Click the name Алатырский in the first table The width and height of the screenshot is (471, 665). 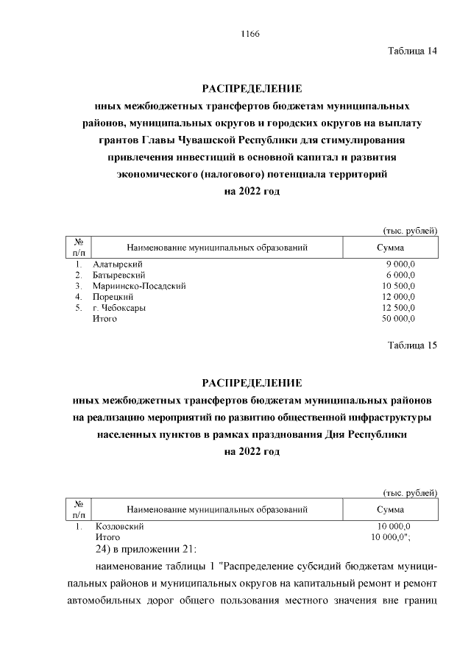click(118, 264)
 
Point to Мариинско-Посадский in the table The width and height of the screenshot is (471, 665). click(138, 286)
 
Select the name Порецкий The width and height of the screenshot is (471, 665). click(113, 297)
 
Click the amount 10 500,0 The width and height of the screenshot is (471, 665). click(398, 286)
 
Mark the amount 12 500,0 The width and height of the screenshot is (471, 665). click(398, 308)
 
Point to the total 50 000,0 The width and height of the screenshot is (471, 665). click(398, 319)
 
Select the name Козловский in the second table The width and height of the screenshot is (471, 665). click(119, 527)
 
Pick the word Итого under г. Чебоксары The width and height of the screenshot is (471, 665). click(105, 319)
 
